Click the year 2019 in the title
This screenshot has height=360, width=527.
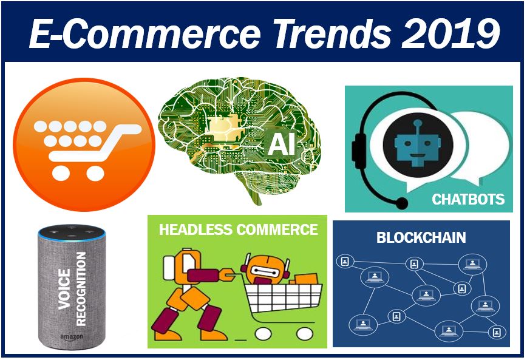pos(450,33)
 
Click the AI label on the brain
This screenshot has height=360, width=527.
pos(281,144)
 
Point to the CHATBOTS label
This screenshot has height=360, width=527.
pos(468,199)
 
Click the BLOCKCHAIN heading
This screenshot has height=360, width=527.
pos(421,237)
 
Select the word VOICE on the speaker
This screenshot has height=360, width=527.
pos(64,289)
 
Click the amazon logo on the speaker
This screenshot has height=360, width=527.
pos(72,337)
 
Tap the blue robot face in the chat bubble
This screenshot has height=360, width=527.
pos(418,144)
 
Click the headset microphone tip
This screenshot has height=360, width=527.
pos(401,203)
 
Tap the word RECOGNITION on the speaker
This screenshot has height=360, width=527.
pos(81,289)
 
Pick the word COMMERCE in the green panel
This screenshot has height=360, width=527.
pos(277,229)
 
